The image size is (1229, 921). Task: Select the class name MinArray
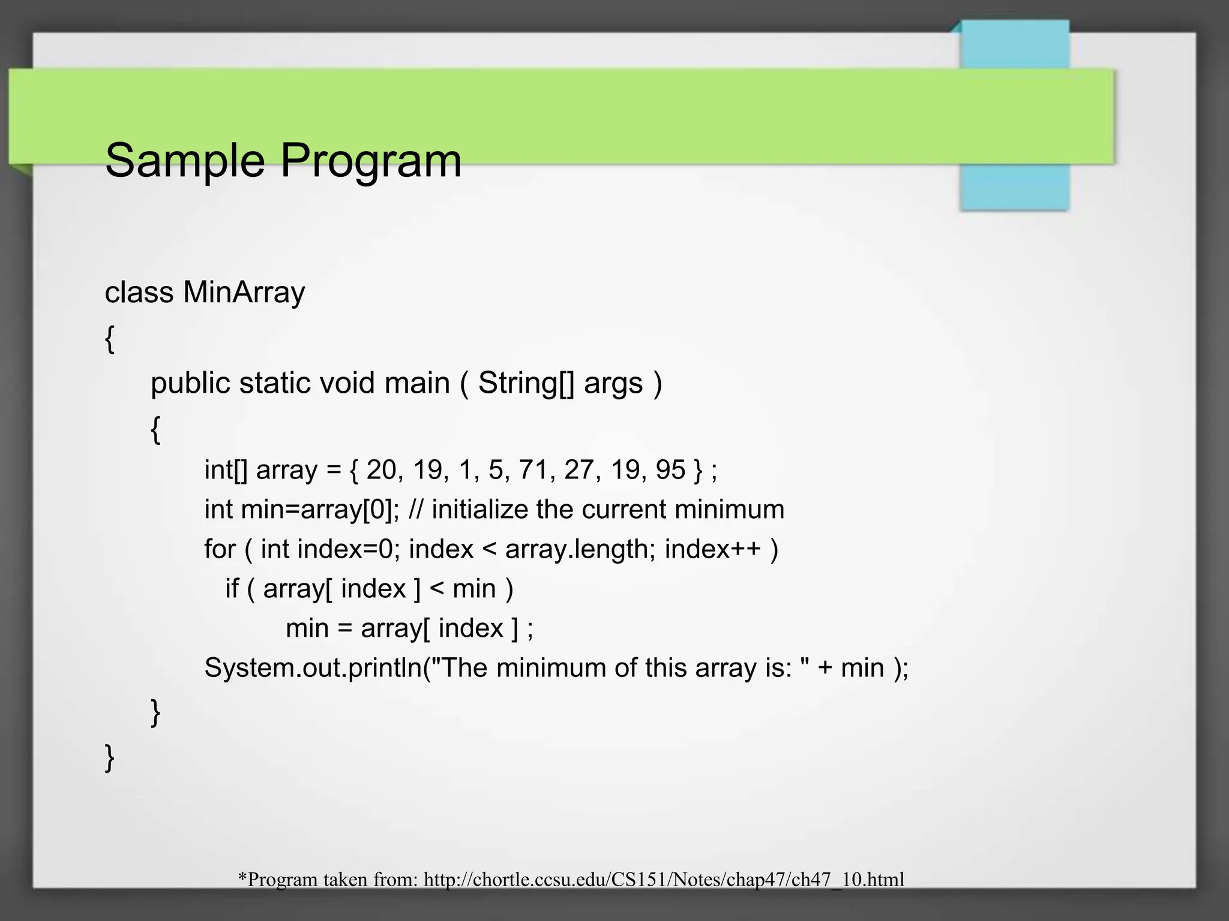[x=244, y=293]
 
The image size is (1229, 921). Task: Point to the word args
[x=613, y=384]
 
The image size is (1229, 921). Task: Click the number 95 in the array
[x=670, y=469]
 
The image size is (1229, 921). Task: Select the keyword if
[x=232, y=588]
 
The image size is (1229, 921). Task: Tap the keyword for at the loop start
[x=220, y=549]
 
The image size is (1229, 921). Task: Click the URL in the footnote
[x=664, y=880]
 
